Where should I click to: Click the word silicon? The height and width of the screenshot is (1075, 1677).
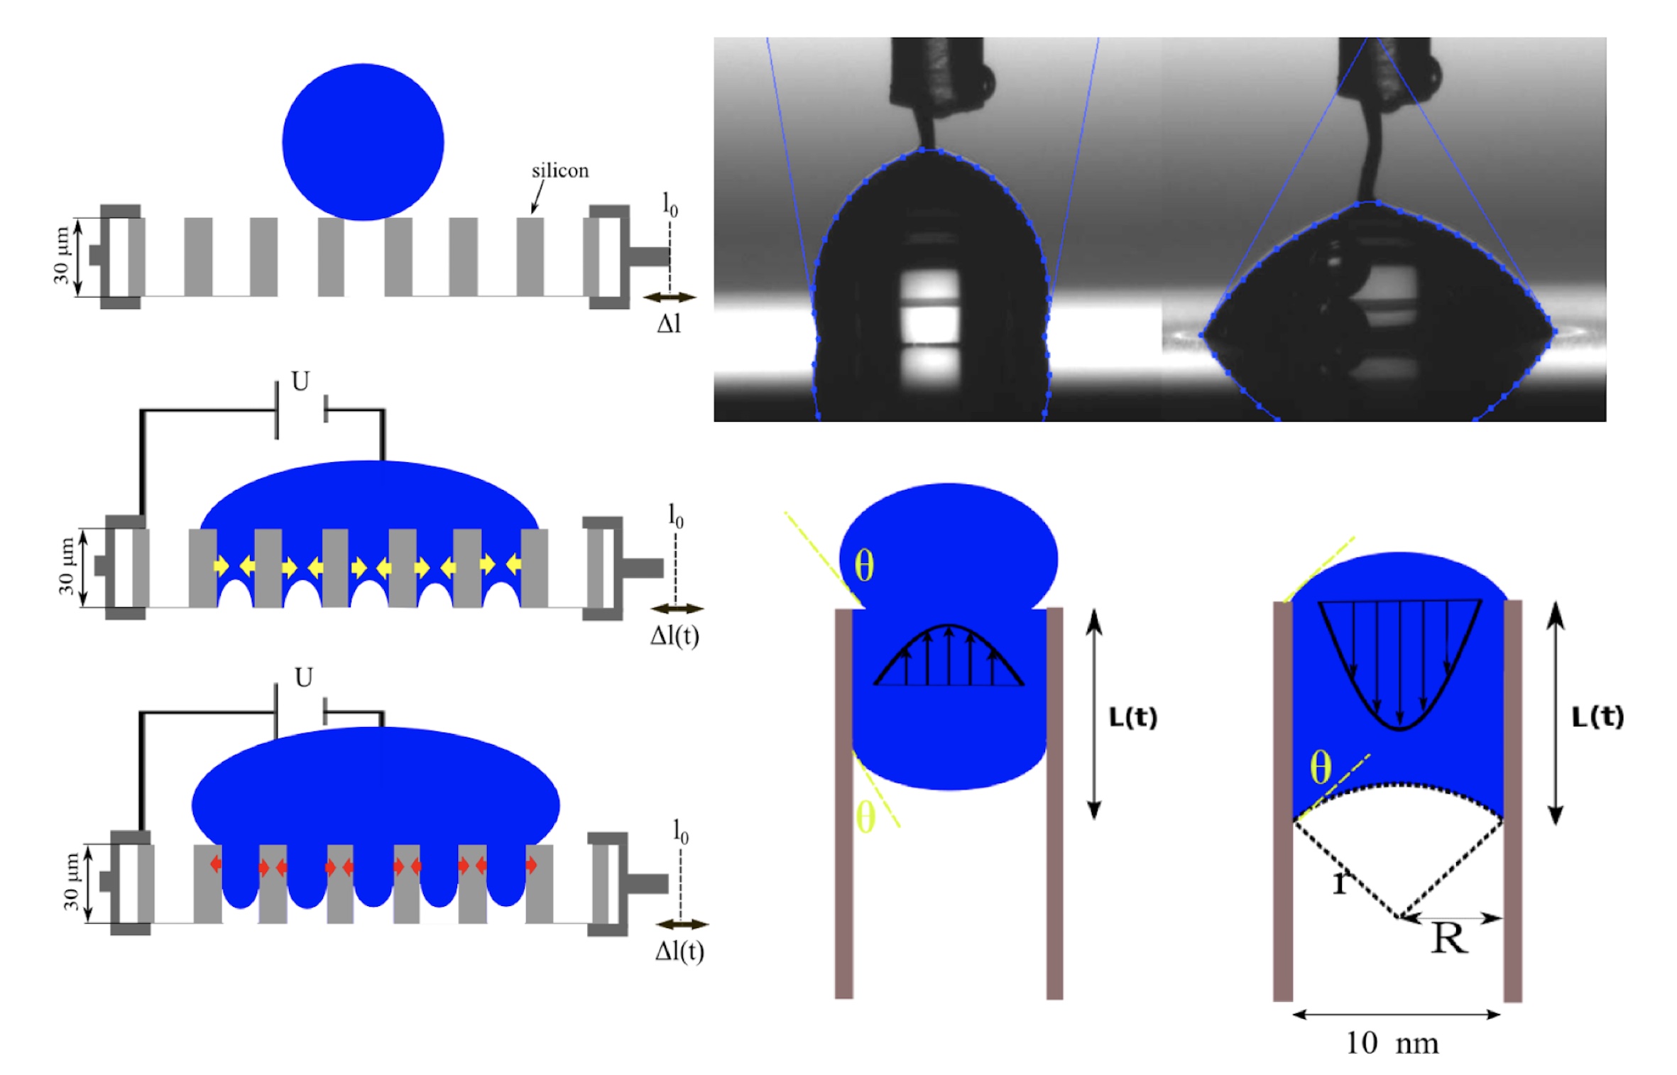pos(559,170)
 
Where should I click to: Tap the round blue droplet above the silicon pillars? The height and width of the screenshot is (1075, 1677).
pos(363,142)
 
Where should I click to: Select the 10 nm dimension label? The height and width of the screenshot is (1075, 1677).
pos(1392,1043)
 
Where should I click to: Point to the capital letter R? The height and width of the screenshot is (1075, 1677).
pos(1448,939)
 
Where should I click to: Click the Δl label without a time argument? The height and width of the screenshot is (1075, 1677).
pos(668,324)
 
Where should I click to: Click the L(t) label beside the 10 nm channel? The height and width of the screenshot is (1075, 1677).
pos(1597,717)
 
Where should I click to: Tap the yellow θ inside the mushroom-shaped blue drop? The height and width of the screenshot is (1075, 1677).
pos(863,566)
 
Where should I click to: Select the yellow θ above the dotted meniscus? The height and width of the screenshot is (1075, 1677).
pos(1320,768)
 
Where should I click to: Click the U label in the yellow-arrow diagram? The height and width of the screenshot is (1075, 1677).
pos(300,382)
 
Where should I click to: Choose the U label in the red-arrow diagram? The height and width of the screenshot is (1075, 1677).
pos(303,678)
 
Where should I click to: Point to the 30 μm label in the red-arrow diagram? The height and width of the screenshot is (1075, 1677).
pos(71,882)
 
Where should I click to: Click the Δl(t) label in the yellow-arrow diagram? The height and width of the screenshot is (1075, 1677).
pos(674,635)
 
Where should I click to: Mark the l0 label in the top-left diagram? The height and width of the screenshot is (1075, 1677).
pos(670,204)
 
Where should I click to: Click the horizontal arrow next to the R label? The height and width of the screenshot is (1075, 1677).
pos(1451,918)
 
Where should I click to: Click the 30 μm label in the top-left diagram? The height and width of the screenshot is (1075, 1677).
pos(62,256)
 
